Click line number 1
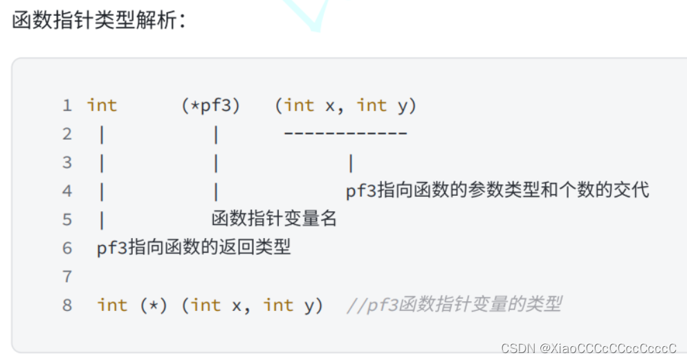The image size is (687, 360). point(67,106)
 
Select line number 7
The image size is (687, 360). point(67,277)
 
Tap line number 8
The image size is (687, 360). point(67,305)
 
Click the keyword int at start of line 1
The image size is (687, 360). point(102,105)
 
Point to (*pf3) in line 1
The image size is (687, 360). point(210,105)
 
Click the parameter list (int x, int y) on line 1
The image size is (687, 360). point(345,105)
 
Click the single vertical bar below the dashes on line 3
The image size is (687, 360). point(351,163)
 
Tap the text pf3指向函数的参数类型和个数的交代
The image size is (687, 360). point(497,190)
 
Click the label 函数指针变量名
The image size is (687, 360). point(274,219)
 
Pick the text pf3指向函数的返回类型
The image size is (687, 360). point(194,248)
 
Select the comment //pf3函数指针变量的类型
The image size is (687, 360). point(454,305)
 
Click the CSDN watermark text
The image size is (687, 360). point(516,347)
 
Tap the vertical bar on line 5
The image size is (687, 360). point(102,219)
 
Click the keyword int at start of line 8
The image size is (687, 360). point(112,305)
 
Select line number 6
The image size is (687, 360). point(67,248)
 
